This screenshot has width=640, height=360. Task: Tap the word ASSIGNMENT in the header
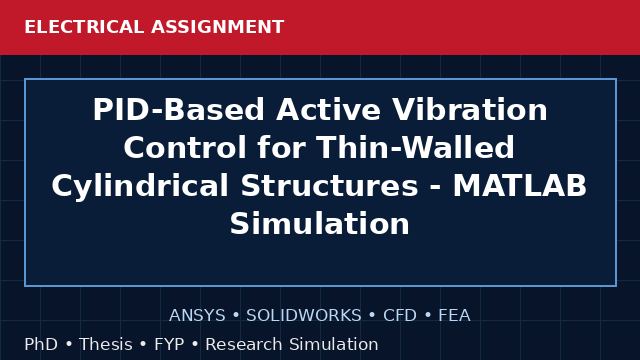pyautogui.click(x=218, y=27)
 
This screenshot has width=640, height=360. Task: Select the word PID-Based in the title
pyautogui.click(x=179, y=110)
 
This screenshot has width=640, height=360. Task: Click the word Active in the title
pyautogui.click(x=329, y=110)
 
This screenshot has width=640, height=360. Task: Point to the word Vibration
pyautogui.click(x=470, y=110)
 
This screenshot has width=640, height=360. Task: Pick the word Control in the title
pyautogui.click(x=185, y=147)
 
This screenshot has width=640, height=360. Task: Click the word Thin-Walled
pyautogui.click(x=415, y=147)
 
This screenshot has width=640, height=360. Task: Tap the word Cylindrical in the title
pyautogui.click(x=140, y=186)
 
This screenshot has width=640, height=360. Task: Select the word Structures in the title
pyautogui.click(x=329, y=186)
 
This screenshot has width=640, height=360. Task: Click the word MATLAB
pyautogui.click(x=520, y=186)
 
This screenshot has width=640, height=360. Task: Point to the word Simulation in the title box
pyautogui.click(x=320, y=224)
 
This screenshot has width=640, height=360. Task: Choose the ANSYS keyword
pyautogui.click(x=197, y=316)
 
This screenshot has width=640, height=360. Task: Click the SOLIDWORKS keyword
pyautogui.click(x=304, y=316)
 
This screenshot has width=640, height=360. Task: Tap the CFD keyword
pyautogui.click(x=400, y=316)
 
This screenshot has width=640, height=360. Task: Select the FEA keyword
pyautogui.click(x=454, y=316)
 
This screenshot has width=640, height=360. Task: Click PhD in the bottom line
pyautogui.click(x=41, y=344)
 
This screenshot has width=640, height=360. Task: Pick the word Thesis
pyautogui.click(x=106, y=344)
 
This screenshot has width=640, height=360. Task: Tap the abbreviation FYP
pyautogui.click(x=169, y=344)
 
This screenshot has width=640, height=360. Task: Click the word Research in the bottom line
pyautogui.click(x=244, y=344)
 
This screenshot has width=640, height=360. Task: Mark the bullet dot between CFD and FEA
pyautogui.click(x=428, y=316)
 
